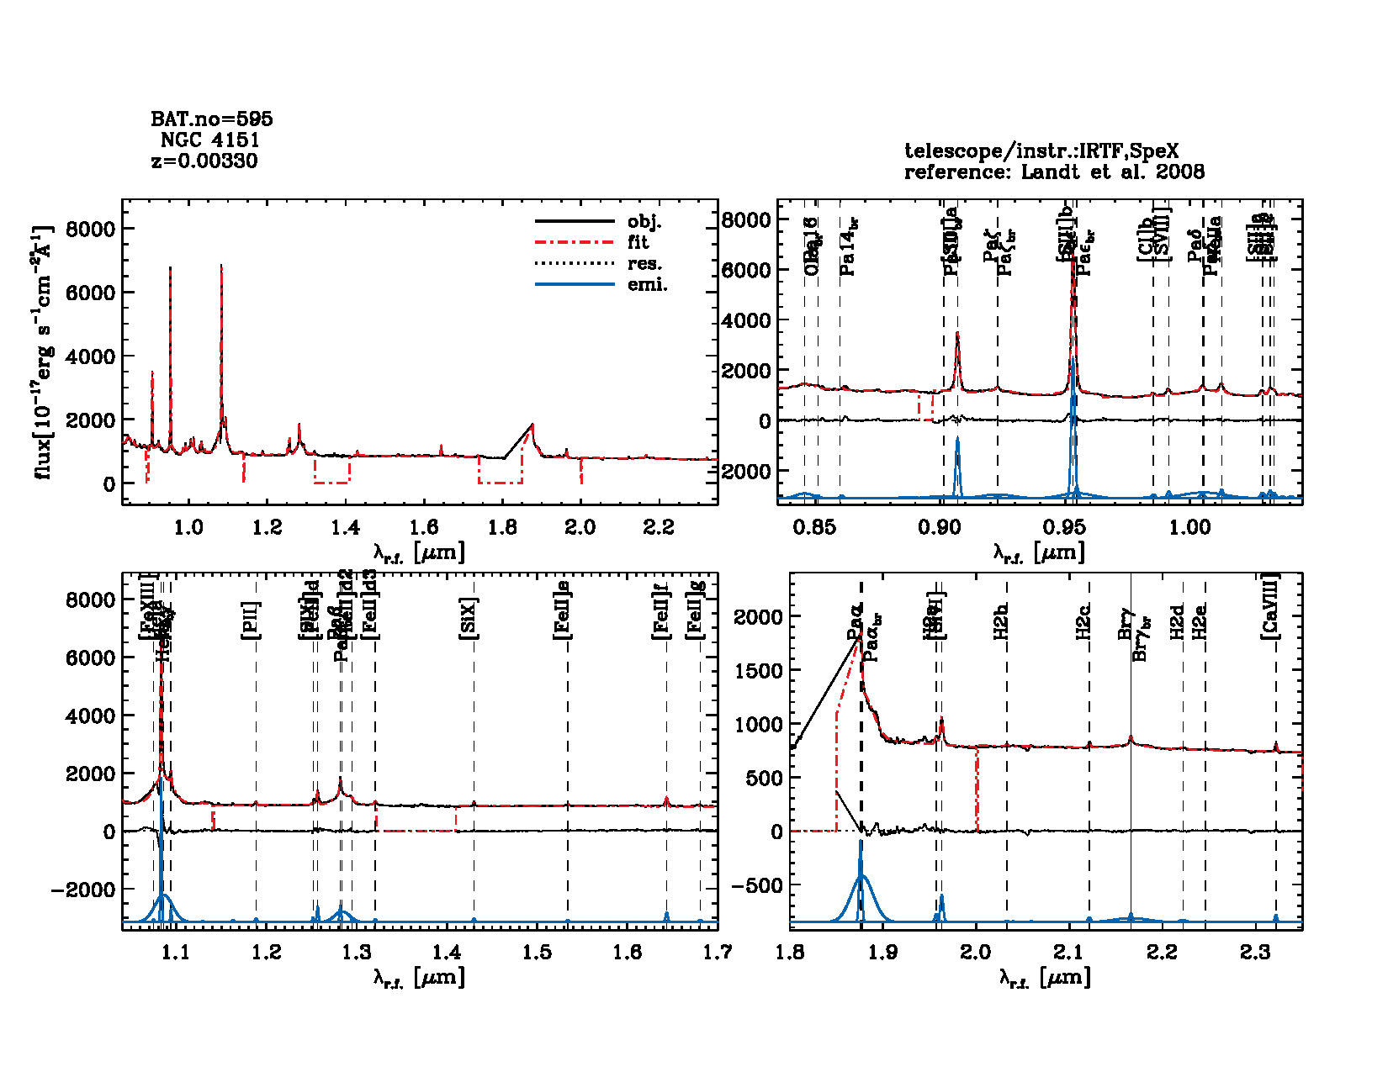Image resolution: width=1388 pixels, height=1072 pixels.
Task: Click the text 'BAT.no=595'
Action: (x=211, y=119)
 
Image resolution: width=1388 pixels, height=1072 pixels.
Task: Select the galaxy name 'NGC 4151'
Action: (x=209, y=140)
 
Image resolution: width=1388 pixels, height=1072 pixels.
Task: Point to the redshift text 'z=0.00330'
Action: (x=204, y=161)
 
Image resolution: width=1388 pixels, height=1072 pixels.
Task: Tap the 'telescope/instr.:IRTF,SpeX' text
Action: (x=1041, y=151)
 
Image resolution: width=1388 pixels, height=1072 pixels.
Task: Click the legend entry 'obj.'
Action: (x=644, y=222)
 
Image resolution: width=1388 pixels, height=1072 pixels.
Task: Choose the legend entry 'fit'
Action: (x=638, y=242)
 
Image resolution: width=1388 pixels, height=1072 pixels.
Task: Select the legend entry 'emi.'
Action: (x=647, y=284)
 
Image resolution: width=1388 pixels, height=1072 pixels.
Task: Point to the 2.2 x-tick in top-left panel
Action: (x=659, y=527)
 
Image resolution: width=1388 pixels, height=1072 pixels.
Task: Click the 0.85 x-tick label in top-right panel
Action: (x=815, y=527)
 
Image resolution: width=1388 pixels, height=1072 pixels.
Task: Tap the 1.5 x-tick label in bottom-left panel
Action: (x=538, y=952)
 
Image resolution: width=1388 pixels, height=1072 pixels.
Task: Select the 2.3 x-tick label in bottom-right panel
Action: (x=1255, y=952)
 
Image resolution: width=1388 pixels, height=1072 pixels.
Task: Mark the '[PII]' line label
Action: (x=252, y=620)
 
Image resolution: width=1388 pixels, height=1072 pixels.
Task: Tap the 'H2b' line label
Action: (x=1001, y=621)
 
